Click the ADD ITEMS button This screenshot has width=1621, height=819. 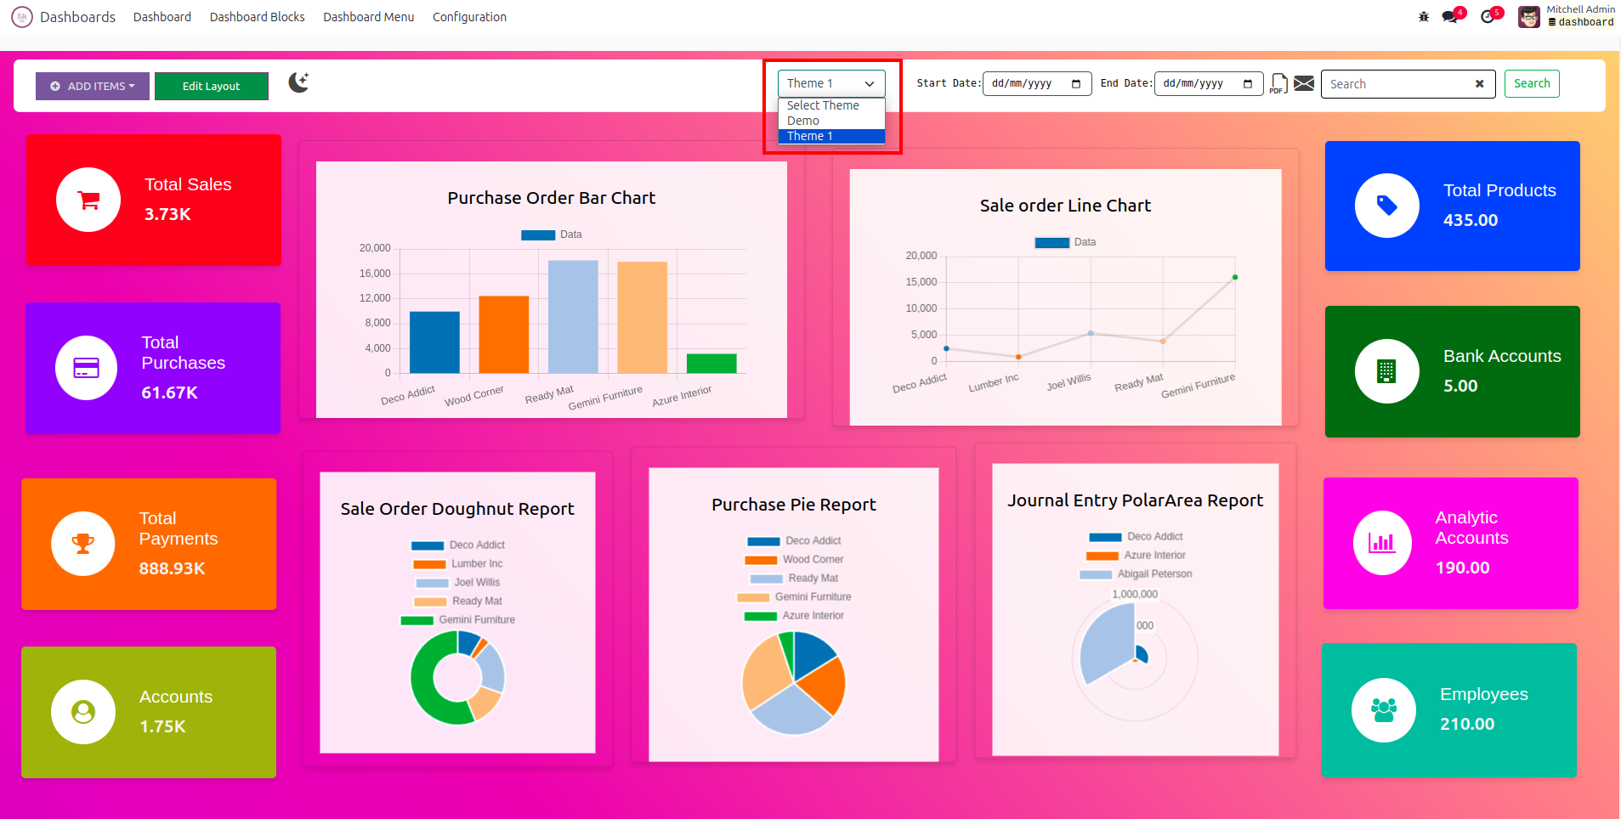pyautogui.click(x=92, y=86)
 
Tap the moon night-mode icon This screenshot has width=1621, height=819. pyautogui.click(x=298, y=82)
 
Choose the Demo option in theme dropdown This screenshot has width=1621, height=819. pyautogui.click(x=803, y=121)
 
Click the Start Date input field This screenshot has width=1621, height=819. pyautogui.click(x=1036, y=83)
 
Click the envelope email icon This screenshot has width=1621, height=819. pyautogui.click(x=1304, y=83)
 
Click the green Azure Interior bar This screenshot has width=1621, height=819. pyautogui.click(x=711, y=363)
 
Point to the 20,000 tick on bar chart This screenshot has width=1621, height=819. pyautogui.click(x=375, y=248)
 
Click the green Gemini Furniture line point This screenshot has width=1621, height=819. pyautogui.click(x=1235, y=277)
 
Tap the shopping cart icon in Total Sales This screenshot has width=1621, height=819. pyautogui.click(x=88, y=200)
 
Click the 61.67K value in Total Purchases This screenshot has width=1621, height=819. pyautogui.click(x=169, y=393)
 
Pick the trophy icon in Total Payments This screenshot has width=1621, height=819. pyautogui.click(x=83, y=544)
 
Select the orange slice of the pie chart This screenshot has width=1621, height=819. pyautogui.click(x=822, y=684)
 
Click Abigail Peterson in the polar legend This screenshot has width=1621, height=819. pyautogui.click(x=1154, y=574)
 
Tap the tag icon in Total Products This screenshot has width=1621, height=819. pyautogui.click(x=1386, y=206)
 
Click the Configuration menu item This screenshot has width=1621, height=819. pyautogui.click(x=469, y=17)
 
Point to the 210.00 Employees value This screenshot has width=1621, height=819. pyautogui.click(x=1467, y=724)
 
